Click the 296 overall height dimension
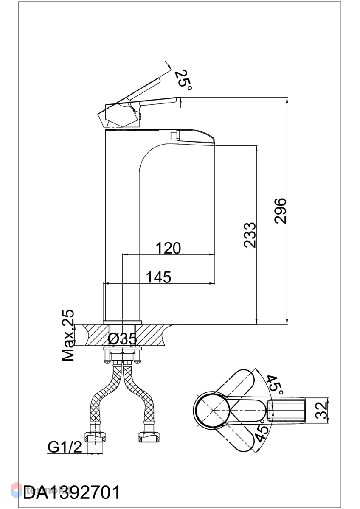pyautogui.click(x=280, y=211)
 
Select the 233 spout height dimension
pyautogui.click(x=250, y=235)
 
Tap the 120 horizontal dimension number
pyautogui.click(x=168, y=248)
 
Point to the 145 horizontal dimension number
pyautogui.click(x=158, y=277)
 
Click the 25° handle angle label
pyautogui.click(x=183, y=80)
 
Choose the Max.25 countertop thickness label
pyautogui.click(x=68, y=336)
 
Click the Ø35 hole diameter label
pyautogui.click(x=122, y=339)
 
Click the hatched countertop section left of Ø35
pyautogui.click(x=96, y=335)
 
